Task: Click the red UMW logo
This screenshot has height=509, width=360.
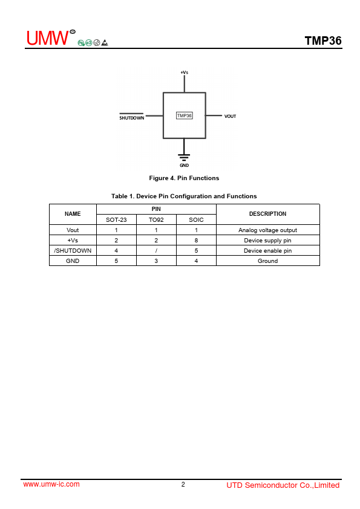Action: pyautogui.click(x=47, y=38)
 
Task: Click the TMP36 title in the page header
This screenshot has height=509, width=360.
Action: pyautogui.click(x=323, y=41)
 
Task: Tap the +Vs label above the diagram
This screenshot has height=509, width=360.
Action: pyautogui.click(x=184, y=73)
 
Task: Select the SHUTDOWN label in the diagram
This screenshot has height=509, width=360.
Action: pyautogui.click(x=131, y=117)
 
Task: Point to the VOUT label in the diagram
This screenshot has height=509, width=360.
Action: pyautogui.click(x=230, y=116)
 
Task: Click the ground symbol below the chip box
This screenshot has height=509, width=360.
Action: pyautogui.click(x=184, y=157)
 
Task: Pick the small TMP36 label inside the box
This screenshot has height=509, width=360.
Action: pyautogui.click(x=184, y=115)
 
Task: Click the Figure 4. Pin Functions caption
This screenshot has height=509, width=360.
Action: pyautogui.click(x=184, y=178)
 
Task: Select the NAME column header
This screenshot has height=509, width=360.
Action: pyautogui.click(x=73, y=214)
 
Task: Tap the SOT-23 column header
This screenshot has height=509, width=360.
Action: pyautogui.click(x=116, y=220)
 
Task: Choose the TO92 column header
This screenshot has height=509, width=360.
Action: pyautogui.click(x=156, y=220)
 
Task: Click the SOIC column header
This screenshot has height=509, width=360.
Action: pyautogui.click(x=196, y=220)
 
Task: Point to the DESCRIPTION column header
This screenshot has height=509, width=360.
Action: pyautogui.click(x=267, y=214)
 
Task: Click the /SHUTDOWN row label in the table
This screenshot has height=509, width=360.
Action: pyautogui.click(x=73, y=251)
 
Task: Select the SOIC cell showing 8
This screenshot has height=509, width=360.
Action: pyautogui.click(x=196, y=240)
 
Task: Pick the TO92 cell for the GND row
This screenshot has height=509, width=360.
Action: pyautogui.click(x=156, y=261)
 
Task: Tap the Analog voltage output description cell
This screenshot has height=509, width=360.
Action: pyautogui.click(x=267, y=230)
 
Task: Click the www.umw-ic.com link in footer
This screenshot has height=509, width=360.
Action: pyautogui.click(x=51, y=484)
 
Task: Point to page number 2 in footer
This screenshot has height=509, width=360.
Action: pyautogui.click(x=183, y=484)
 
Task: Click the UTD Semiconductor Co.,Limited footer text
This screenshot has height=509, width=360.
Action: pyautogui.click(x=283, y=485)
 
